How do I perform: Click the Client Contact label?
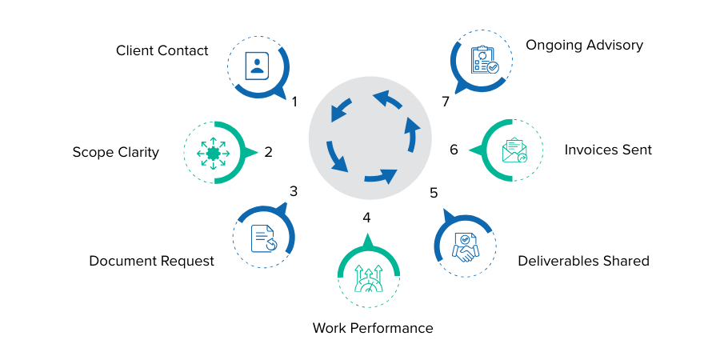(x=162, y=50)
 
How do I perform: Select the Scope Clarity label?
(x=115, y=151)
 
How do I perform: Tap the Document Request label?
(x=151, y=261)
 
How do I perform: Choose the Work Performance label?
(x=372, y=328)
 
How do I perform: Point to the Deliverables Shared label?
(x=582, y=261)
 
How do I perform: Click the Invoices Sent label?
(x=608, y=150)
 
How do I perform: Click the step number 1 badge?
(x=295, y=102)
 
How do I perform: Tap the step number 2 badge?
(x=269, y=151)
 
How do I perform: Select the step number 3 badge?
(x=294, y=191)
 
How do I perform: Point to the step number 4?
(x=366, y=218)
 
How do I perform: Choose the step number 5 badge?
(x=434, y=193)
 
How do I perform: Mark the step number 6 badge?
(x=454, y=150)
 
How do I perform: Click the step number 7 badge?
(x=446, y=102)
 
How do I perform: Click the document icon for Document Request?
(x=263, y=237)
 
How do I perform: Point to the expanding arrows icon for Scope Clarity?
(x=214, y=152)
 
